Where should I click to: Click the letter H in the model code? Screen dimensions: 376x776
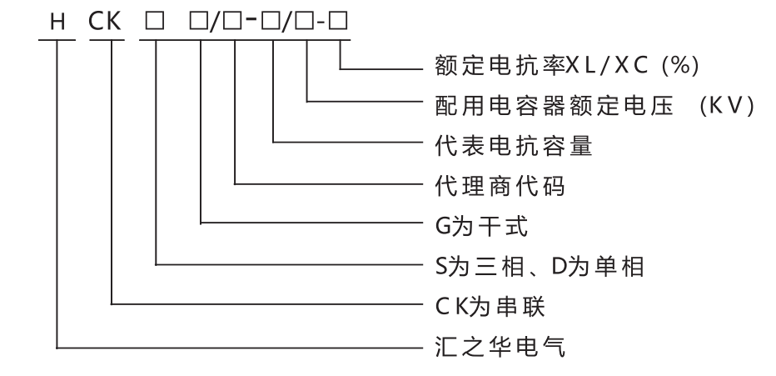tap(57, 22)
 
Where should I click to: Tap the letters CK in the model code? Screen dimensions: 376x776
tap(108, 22)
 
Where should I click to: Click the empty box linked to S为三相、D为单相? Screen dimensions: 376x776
tap(157, 23)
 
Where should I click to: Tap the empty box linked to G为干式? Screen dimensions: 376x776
tap(201, 23)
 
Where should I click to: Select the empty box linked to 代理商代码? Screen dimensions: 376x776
tap(237, 23)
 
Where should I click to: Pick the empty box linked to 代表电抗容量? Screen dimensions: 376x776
tap(273, 23)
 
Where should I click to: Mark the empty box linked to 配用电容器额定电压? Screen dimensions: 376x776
tap(308, 23)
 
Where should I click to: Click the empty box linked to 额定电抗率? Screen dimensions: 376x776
tap(341, 23)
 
